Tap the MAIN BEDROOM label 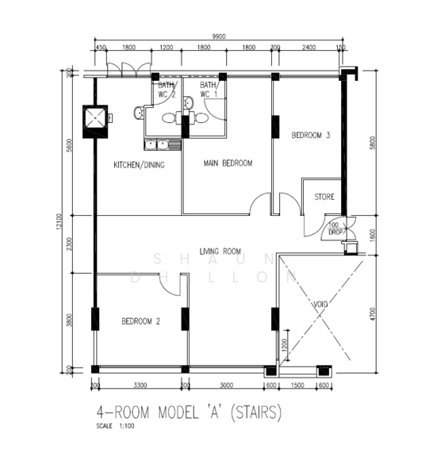[x=228, y=163]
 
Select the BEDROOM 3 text [x=311, y=136]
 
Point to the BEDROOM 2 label [x=141, y=321]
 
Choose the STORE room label [x=324, y=197]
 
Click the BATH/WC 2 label [x=167, y=90]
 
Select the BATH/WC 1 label [x=209, y=90]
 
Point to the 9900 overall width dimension [x=220, y=36]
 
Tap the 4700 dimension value [x=372, y=312]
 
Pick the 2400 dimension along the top [x=309, y=48]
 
